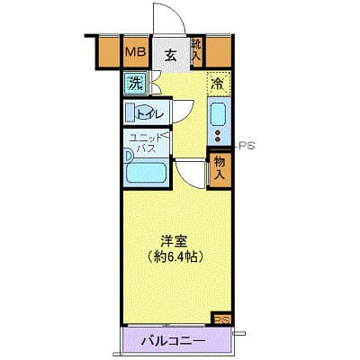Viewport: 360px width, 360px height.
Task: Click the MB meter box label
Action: (135, 52)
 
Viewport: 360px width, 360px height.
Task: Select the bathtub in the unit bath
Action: (149, 172)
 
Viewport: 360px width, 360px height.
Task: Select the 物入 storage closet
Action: (218, 167)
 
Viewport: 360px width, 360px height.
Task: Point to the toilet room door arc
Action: (180, 106)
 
